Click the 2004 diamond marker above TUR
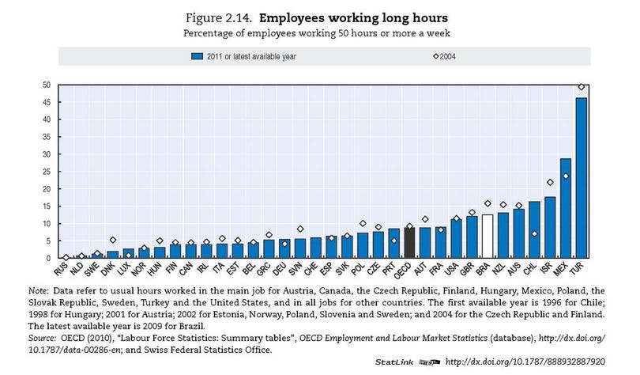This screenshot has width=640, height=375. (581, 87)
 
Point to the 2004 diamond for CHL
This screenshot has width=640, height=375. (534, 234)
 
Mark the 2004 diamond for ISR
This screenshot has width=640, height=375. (550, 183)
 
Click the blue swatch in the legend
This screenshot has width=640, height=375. (198, 57)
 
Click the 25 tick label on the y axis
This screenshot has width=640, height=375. (47, 171)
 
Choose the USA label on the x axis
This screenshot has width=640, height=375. (454, 270)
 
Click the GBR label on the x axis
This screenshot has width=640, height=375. (470, 270)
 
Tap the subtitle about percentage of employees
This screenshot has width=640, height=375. (319, 33)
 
